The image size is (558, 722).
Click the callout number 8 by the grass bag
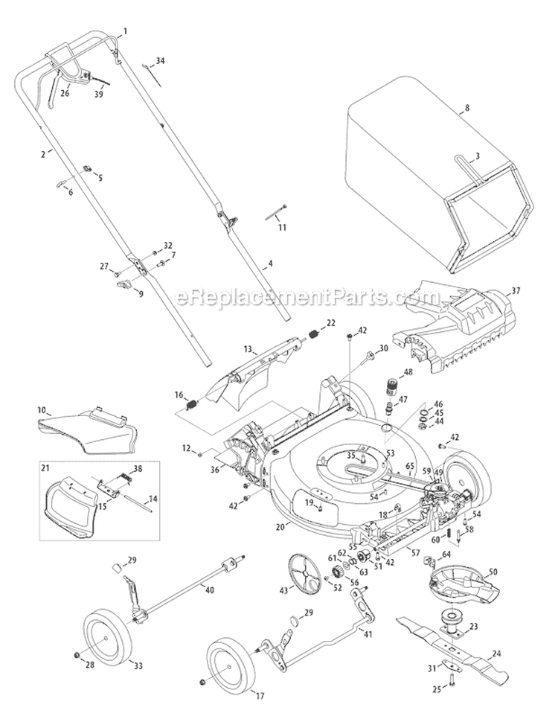point(466,108)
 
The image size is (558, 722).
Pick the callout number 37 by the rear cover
point(516,290)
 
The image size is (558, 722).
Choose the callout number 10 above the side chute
point(42,410)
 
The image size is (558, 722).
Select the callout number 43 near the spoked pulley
point(283,590)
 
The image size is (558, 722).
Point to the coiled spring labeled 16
point(190,406)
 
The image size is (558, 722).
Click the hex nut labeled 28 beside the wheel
point(78,654)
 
